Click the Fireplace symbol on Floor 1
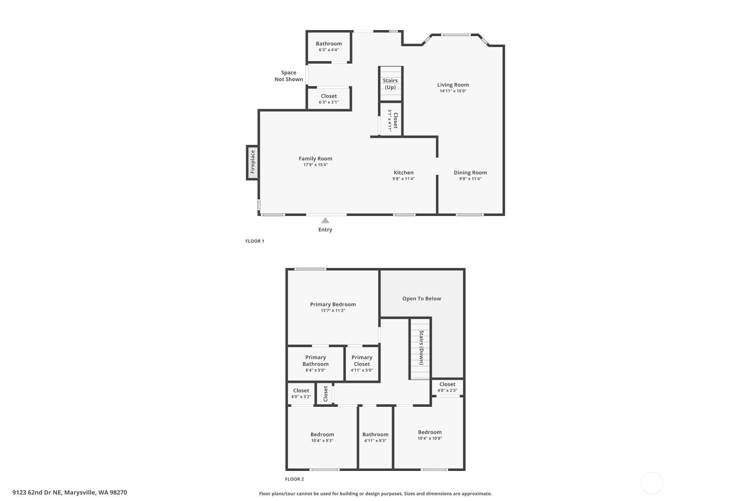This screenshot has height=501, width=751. pos(253,162)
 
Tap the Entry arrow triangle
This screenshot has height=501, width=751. pos(325,220)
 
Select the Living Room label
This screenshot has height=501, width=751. pos(453,85)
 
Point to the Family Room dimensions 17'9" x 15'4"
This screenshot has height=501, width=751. pos(315,165)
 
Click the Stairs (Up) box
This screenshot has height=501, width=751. pos(390,84)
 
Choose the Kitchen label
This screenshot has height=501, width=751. pos(403,172)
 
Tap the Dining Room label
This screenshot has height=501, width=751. pos(470,172)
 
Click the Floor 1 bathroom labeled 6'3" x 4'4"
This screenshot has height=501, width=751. pos(328,47)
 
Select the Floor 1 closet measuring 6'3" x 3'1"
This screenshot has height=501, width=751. pos(328,99)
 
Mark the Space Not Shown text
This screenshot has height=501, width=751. pos(289,76)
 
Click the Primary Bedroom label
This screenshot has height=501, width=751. pos(332,304)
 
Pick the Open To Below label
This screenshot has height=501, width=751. pos(422,299)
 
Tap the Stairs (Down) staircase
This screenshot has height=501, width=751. pos(421,348)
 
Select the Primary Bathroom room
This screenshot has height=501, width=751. pos(315,364)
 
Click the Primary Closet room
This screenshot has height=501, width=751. pos(361,364)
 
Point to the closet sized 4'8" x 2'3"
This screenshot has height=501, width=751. pos(447,387)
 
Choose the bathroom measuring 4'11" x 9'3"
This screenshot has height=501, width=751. pos(375,437)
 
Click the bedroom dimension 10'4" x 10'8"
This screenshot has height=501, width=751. pos(430,438)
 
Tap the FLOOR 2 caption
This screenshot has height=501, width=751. pos(294,479)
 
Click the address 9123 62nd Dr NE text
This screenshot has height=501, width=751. pos(70,492)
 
